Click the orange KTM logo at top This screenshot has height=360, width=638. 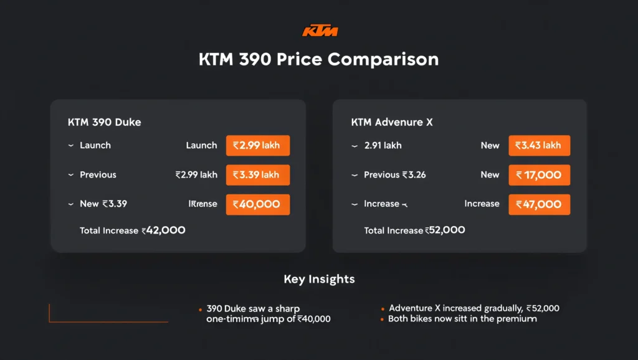320,31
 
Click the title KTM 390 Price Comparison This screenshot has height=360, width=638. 318,60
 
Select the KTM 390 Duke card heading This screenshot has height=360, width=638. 104,122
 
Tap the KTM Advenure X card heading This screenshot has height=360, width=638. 392,122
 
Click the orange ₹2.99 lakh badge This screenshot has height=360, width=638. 257,146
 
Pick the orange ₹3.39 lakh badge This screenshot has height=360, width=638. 257,175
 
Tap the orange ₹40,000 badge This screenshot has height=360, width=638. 257,204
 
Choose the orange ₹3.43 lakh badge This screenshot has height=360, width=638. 539,146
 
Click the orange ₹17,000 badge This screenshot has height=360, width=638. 539,175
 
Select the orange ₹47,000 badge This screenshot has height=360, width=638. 539,204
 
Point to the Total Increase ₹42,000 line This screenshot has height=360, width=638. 132,230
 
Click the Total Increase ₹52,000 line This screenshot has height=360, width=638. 414,230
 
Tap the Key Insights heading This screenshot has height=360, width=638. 319,279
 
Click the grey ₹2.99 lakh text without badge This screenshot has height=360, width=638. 196,175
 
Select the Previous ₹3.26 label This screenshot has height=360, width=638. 395,175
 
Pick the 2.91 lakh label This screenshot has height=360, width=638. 383,146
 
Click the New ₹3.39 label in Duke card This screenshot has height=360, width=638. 103,204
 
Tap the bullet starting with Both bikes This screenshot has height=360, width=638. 462,319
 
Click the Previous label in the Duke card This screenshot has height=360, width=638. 98,175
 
